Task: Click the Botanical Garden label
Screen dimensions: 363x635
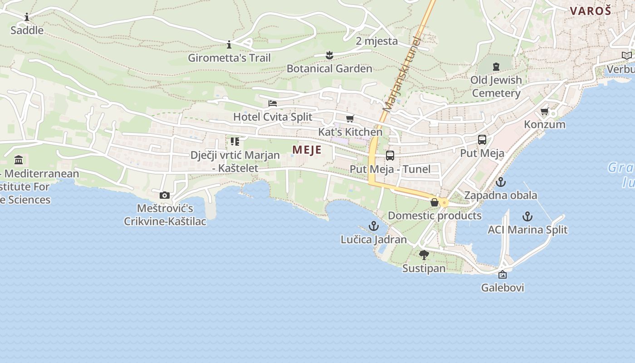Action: [329, 69]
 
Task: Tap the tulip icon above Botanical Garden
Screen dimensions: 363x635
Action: [329, 55]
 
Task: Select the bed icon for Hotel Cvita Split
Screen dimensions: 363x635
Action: [273, 103]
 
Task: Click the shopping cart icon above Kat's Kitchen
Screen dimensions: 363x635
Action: [350, 119]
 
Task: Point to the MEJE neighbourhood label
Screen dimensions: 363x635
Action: [307, 150]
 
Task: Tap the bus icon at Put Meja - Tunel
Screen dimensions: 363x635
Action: [390, 156]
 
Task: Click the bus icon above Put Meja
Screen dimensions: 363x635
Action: [482, 140]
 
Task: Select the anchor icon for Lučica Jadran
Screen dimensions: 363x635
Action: [373, 226]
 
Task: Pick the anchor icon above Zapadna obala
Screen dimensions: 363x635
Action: [500, 182]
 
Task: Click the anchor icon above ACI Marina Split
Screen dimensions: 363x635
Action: [527, 216]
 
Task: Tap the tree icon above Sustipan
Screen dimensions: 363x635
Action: [424, 255]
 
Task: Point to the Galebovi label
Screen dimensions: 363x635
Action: [503, 288]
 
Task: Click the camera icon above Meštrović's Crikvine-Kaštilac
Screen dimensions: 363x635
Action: [165, 196]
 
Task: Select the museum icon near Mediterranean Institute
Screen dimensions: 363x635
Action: [19, 160]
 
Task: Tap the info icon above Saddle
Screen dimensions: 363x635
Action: [27, 17]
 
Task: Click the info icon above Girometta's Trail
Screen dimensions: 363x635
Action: [229, 44]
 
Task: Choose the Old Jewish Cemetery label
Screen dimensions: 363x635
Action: [496, 86]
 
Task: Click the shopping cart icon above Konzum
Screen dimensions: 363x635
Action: [544, 111]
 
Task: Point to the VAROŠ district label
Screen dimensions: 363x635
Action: [591, 11]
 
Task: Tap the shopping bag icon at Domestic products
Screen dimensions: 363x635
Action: [435, 202]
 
